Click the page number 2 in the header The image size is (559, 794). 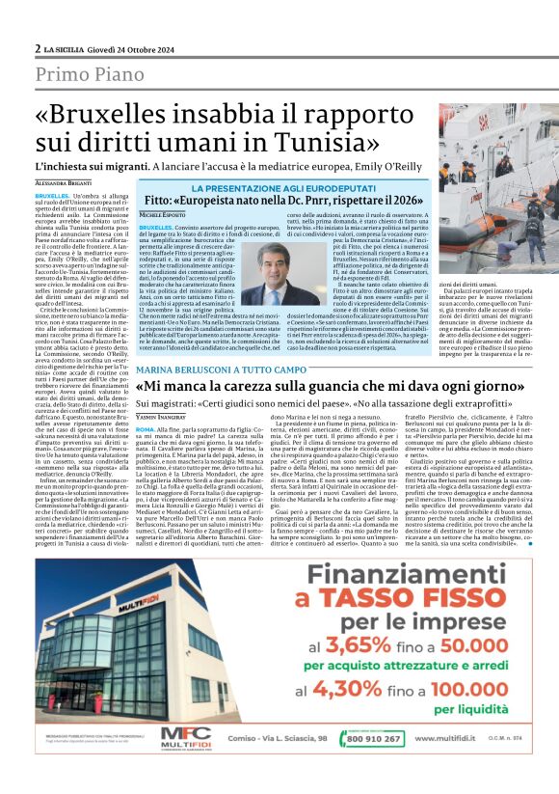click(x=37, y=48)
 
